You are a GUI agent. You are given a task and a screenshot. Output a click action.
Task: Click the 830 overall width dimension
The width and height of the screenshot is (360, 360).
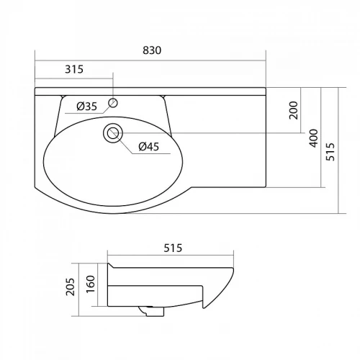click(152, 50)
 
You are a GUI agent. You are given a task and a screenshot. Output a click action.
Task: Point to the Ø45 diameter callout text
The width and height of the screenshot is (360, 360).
click(148, 147)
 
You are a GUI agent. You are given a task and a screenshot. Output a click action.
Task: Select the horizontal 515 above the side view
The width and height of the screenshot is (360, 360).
click(171, 248)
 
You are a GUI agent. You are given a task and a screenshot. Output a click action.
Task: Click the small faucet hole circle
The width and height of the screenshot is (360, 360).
click(113, 103)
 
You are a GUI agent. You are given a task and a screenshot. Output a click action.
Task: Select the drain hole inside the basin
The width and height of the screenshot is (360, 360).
click(112, 132)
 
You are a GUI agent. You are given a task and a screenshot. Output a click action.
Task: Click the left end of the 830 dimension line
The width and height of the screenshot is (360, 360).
click(36, 60)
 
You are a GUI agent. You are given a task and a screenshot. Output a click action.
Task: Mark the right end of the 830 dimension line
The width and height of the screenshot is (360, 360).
click(266, 60)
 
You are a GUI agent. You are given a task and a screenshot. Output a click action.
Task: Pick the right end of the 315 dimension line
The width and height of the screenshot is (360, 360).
click(113, 78)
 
